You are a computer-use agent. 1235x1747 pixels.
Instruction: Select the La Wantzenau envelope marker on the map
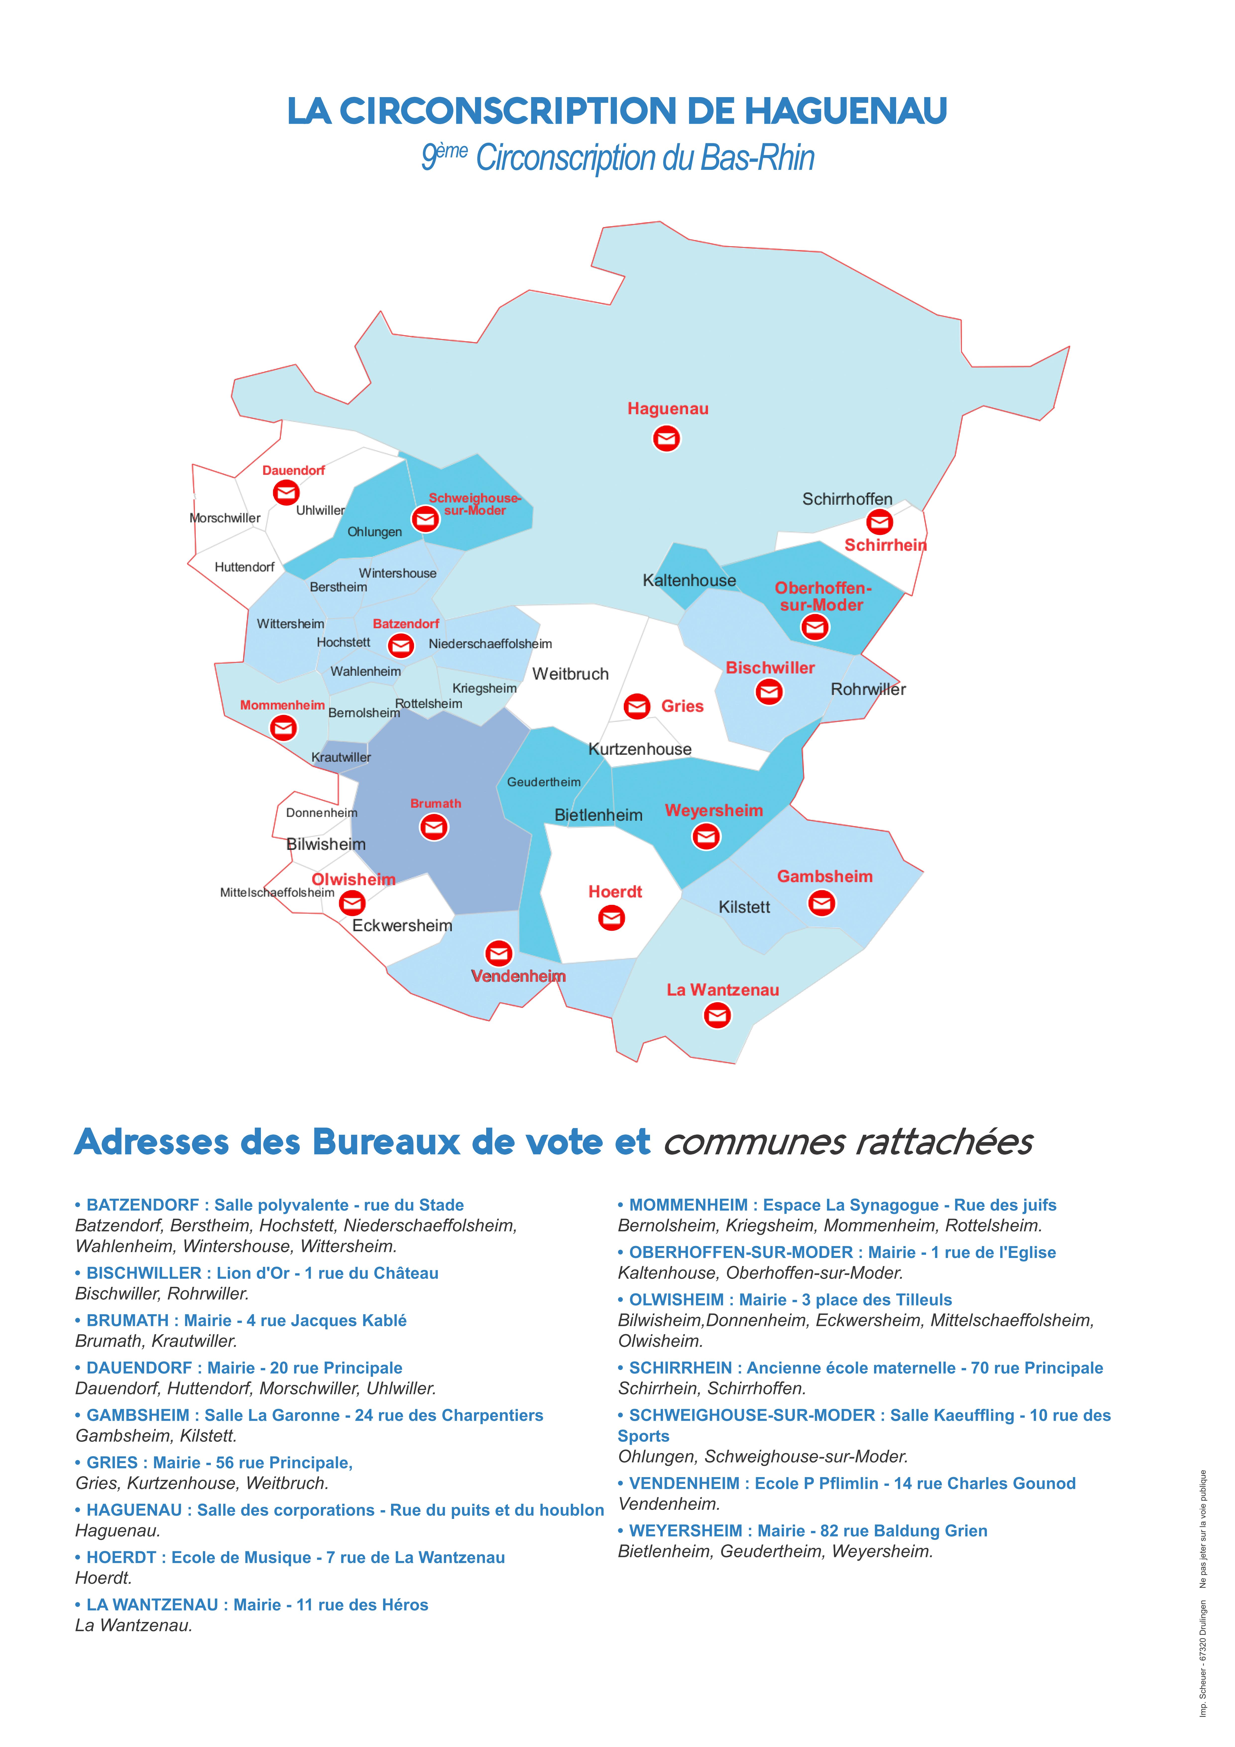(x=717, y=1015)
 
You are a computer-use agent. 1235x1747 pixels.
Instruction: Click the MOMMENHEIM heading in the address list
(x=690, y=1204)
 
